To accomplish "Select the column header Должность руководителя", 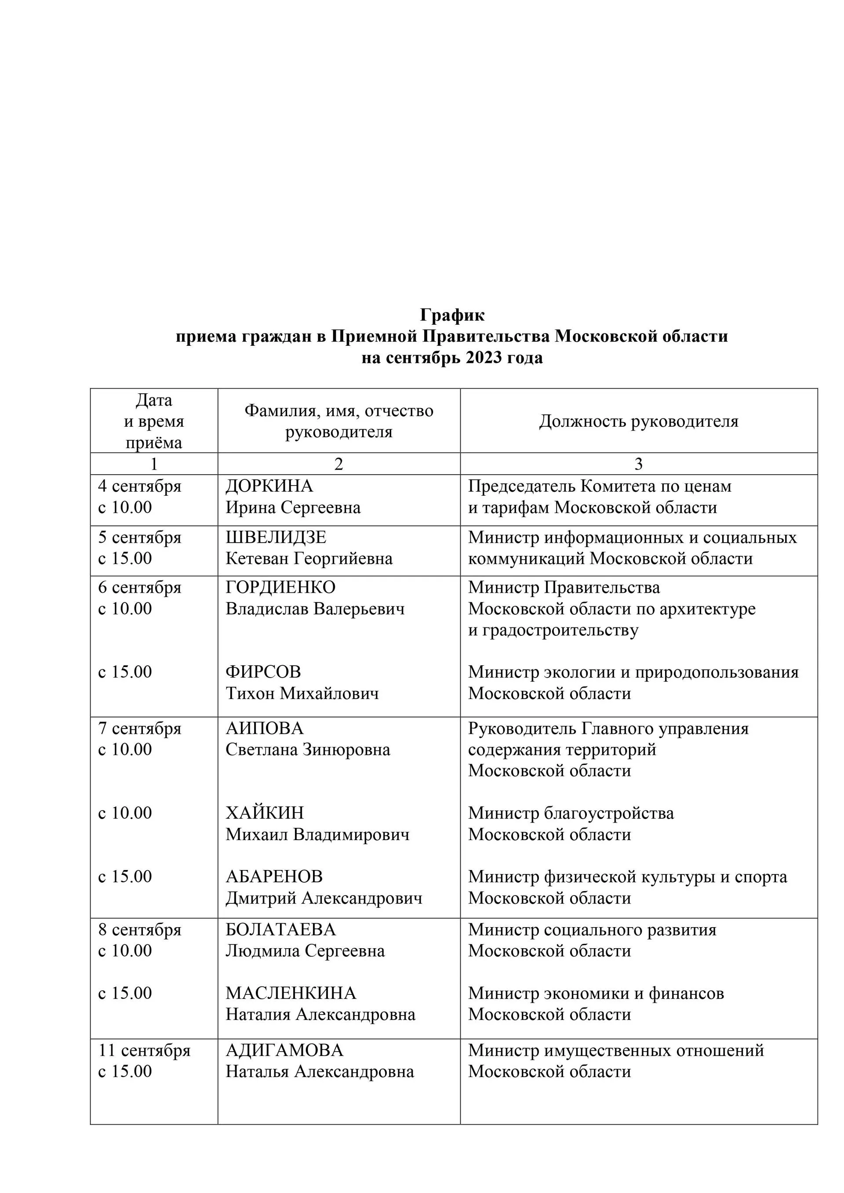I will pos(638,421).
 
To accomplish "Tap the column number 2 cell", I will pos(338,464).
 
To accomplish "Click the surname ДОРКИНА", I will pos(269,486).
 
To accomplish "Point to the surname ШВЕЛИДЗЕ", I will pos(276,537).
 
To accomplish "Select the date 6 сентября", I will pos(139,587).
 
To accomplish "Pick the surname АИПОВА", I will pos(264,728).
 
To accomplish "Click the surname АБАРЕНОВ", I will pos(274,876).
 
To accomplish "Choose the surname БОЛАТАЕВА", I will pos(280,929).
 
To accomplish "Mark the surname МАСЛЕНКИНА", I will pos(291,993).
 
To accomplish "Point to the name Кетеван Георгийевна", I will pos(309,558).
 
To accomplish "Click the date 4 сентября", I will pos(139,486).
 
